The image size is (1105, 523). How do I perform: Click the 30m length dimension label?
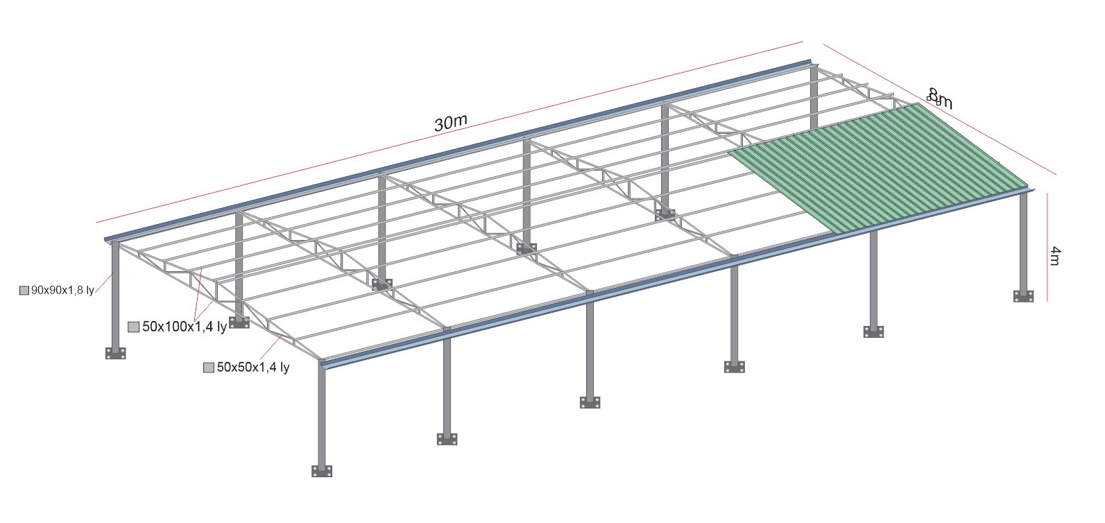[450, 122]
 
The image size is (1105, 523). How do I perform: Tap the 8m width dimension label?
[940, 98]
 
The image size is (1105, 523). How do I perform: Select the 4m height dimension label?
[1054, 256]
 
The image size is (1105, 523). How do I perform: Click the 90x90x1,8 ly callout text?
[62, 290]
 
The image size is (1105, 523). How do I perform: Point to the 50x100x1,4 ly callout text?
[185, 327]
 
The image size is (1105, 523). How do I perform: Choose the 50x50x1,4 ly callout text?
[253, 367]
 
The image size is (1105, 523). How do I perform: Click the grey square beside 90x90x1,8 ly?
[24, 291]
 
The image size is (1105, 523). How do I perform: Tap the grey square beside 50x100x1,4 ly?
[133, 327]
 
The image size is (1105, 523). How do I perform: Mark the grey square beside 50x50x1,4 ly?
[209, 368]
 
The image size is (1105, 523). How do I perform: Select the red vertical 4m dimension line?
[1047, 247]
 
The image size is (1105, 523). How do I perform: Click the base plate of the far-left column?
[115, 353]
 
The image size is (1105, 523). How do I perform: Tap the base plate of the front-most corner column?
[322, 471]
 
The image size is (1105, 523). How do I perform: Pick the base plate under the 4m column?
[1024, 296]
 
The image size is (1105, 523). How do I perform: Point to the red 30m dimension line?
[449, 132]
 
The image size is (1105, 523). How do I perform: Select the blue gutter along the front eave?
[677, 277]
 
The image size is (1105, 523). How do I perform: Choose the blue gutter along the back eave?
[458, 151]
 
